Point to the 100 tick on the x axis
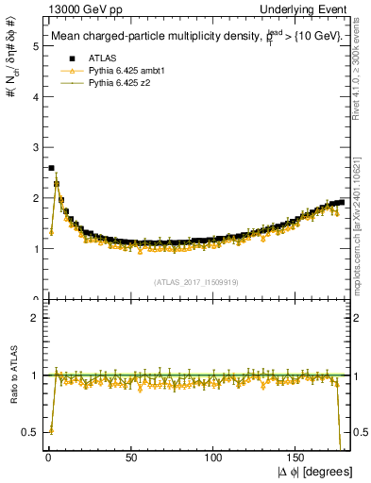213,457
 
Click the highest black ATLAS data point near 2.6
51,168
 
